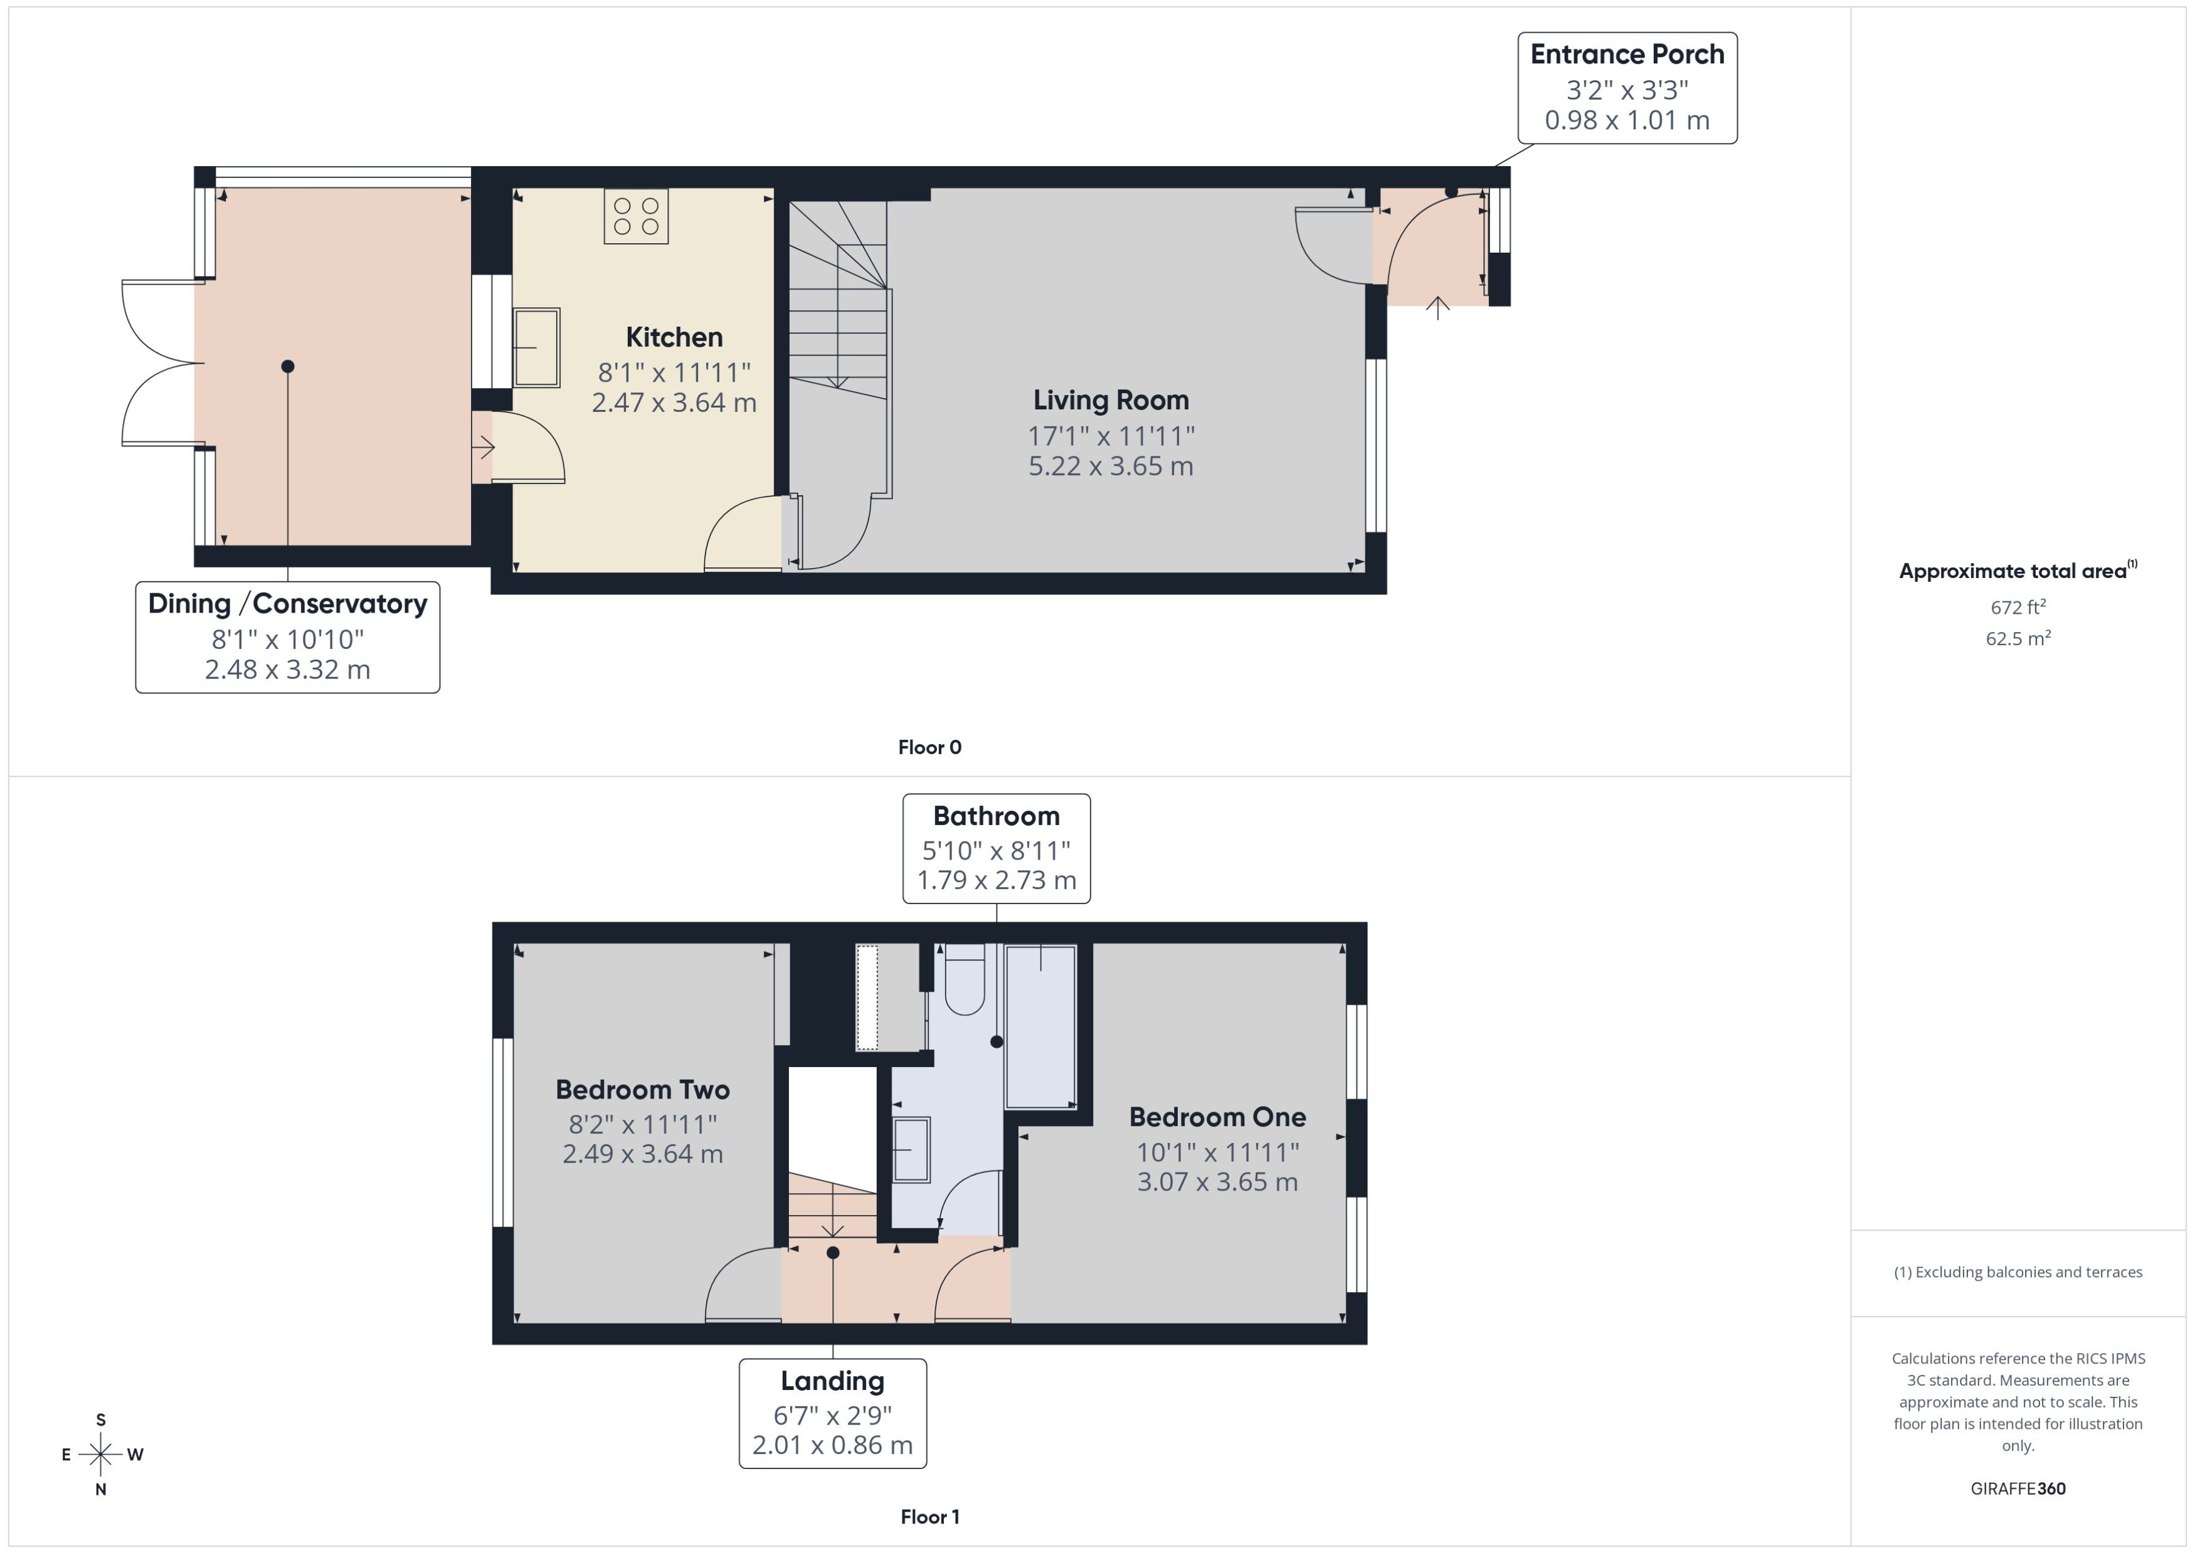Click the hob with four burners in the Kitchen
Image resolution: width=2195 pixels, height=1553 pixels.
[x=636, y=217]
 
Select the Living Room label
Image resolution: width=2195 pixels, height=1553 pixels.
[x=1111, y=400]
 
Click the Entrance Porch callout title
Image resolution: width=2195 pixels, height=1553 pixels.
[x=1627, y=55]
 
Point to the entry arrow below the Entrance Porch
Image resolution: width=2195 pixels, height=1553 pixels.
[x=1437, y=308]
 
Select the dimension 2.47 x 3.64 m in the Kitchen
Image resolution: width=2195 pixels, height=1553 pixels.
[x=674, y=403]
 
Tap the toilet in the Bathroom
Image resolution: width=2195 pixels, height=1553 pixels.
[x=964, y=980]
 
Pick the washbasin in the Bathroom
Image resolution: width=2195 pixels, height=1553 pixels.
[x=911, y=1149]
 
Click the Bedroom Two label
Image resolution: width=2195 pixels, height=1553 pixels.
[x=642, y=1090]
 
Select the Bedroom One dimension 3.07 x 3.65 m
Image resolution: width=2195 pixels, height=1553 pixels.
[x=1217, y=1182]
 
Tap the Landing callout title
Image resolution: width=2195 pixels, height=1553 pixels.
[x=832, y=1381]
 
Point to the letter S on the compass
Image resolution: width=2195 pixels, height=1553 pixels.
[x=100, y=1420]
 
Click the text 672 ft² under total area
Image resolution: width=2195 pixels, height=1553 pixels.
[x=2017, y=608]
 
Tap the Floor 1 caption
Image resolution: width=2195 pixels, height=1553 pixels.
[x=929, y=1517]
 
